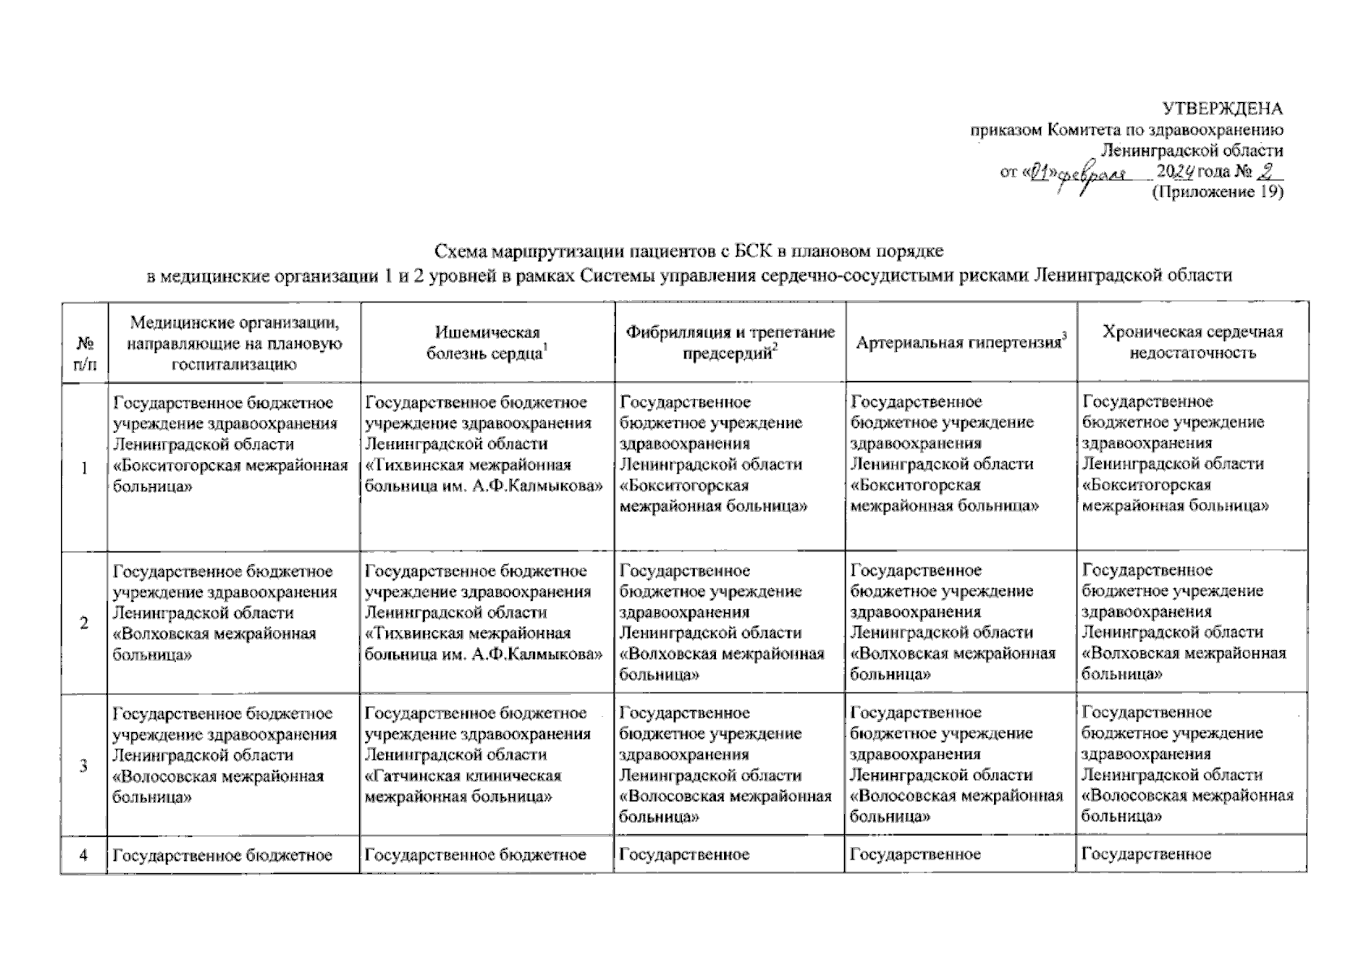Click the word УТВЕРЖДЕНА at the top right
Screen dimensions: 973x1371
(1223, 109)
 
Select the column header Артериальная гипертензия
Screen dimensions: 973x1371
(960, 342)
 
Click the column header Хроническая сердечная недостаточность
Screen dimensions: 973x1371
(1192, 342)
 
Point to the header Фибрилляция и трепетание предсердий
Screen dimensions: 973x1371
(730, 342)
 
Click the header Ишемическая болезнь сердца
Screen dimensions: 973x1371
(486, 342)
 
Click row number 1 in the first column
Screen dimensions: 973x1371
(84, 465)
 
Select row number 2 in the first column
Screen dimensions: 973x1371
(84, 623)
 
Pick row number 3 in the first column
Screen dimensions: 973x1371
(84, 765)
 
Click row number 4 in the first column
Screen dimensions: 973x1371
(84, 854)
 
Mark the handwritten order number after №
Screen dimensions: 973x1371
(1267, 171)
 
